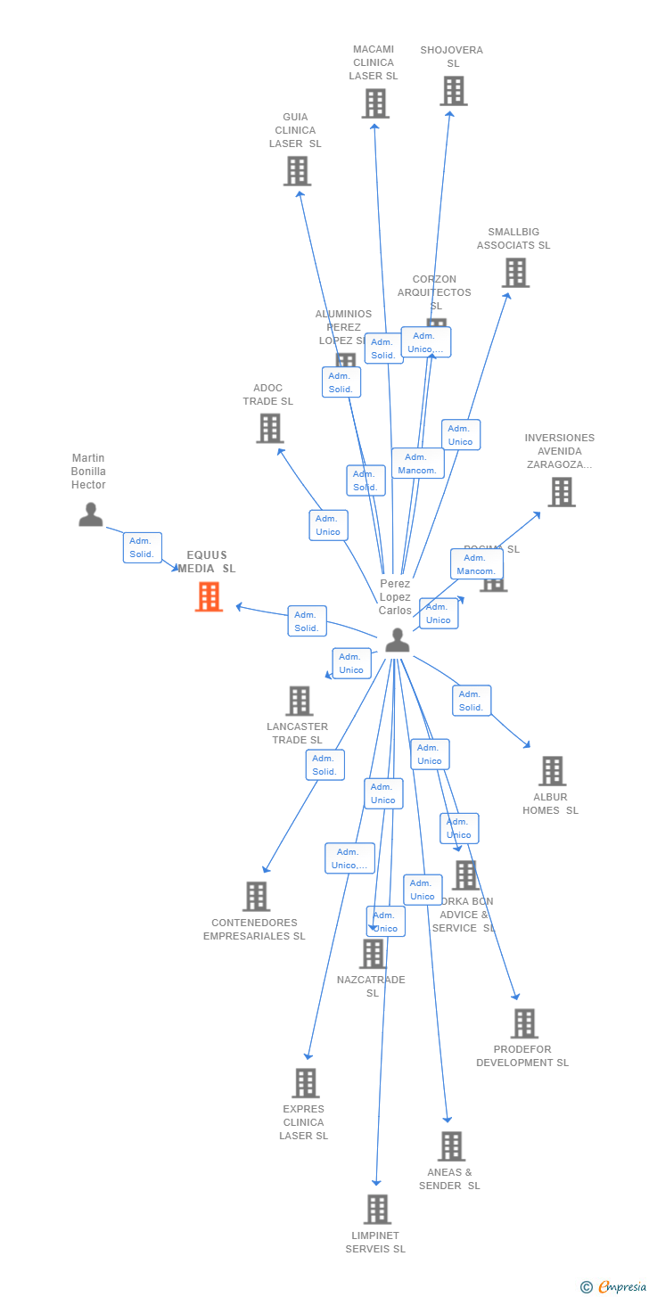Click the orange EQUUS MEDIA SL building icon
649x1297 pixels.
(x=209, y=596)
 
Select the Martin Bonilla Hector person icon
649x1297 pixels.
(x=90, y=514)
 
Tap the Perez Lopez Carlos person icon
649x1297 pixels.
(x=397, y=639)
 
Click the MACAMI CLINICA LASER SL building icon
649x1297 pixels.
(x=375, y=103)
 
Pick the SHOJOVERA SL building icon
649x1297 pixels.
(x=453, y=91)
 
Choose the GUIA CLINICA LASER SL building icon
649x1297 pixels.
(x=297, y=170)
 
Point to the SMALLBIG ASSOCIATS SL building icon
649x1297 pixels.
(x=515, y=273)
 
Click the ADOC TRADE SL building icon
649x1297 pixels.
(x=269, y=428)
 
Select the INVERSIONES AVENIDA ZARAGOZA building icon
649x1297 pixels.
(x=561, y=491)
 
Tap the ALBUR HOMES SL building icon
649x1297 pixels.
(x=552, y=771)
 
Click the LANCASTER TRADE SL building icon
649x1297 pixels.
(x=300, y=701)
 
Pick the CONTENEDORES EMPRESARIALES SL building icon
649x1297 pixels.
(x=256, y=896)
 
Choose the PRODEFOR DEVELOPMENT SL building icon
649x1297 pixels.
(x=524, y=1023)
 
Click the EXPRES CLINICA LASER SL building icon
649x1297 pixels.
(x=305, y=1083)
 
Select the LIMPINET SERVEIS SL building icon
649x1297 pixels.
(x=377, y=1210)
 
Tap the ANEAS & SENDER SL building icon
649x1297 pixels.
(x=451, y=1146)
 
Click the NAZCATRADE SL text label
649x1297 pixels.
(x=371, y=986)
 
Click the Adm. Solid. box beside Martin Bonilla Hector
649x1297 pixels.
(x=142, y=547)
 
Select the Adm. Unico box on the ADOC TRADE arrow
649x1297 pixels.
(x=328, y=525)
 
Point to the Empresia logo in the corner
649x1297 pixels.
(x=620, y=1286)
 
